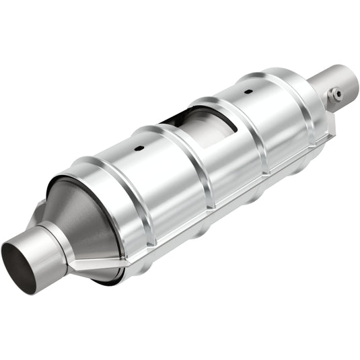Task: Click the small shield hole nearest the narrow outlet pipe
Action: pos(248,90)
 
